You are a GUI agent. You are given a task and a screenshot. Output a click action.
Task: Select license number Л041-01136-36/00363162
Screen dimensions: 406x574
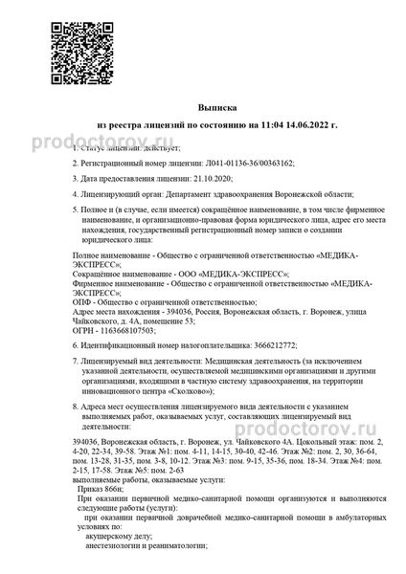[243, 164]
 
